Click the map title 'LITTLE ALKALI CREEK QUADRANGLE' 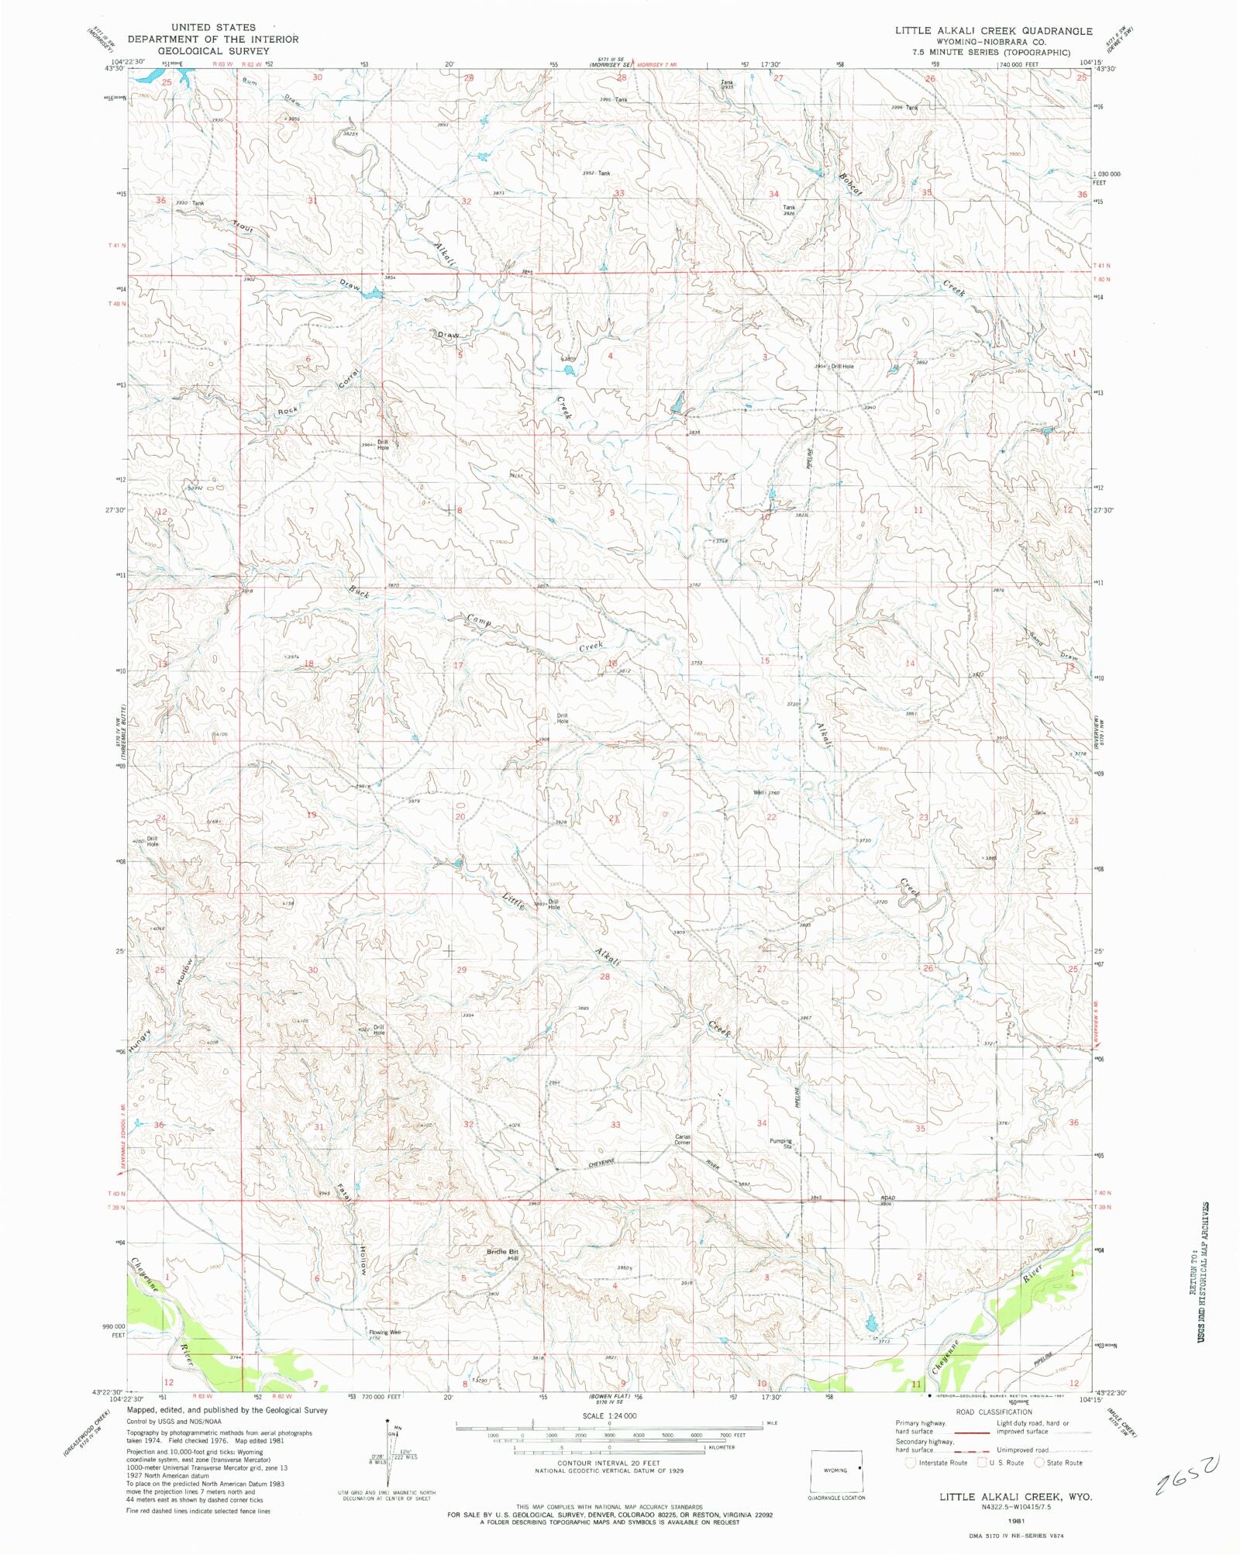tap(994, 31)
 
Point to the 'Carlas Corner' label tap(682, 1140)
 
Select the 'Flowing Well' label tap(384, 1333)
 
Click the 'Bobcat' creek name tap(849, 183)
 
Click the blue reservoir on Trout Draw tap(373, 294)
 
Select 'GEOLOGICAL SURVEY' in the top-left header tap(213, 50)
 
